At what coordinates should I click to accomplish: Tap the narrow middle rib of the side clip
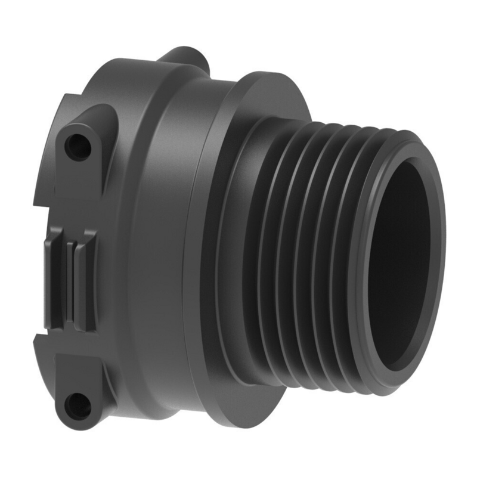71,280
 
